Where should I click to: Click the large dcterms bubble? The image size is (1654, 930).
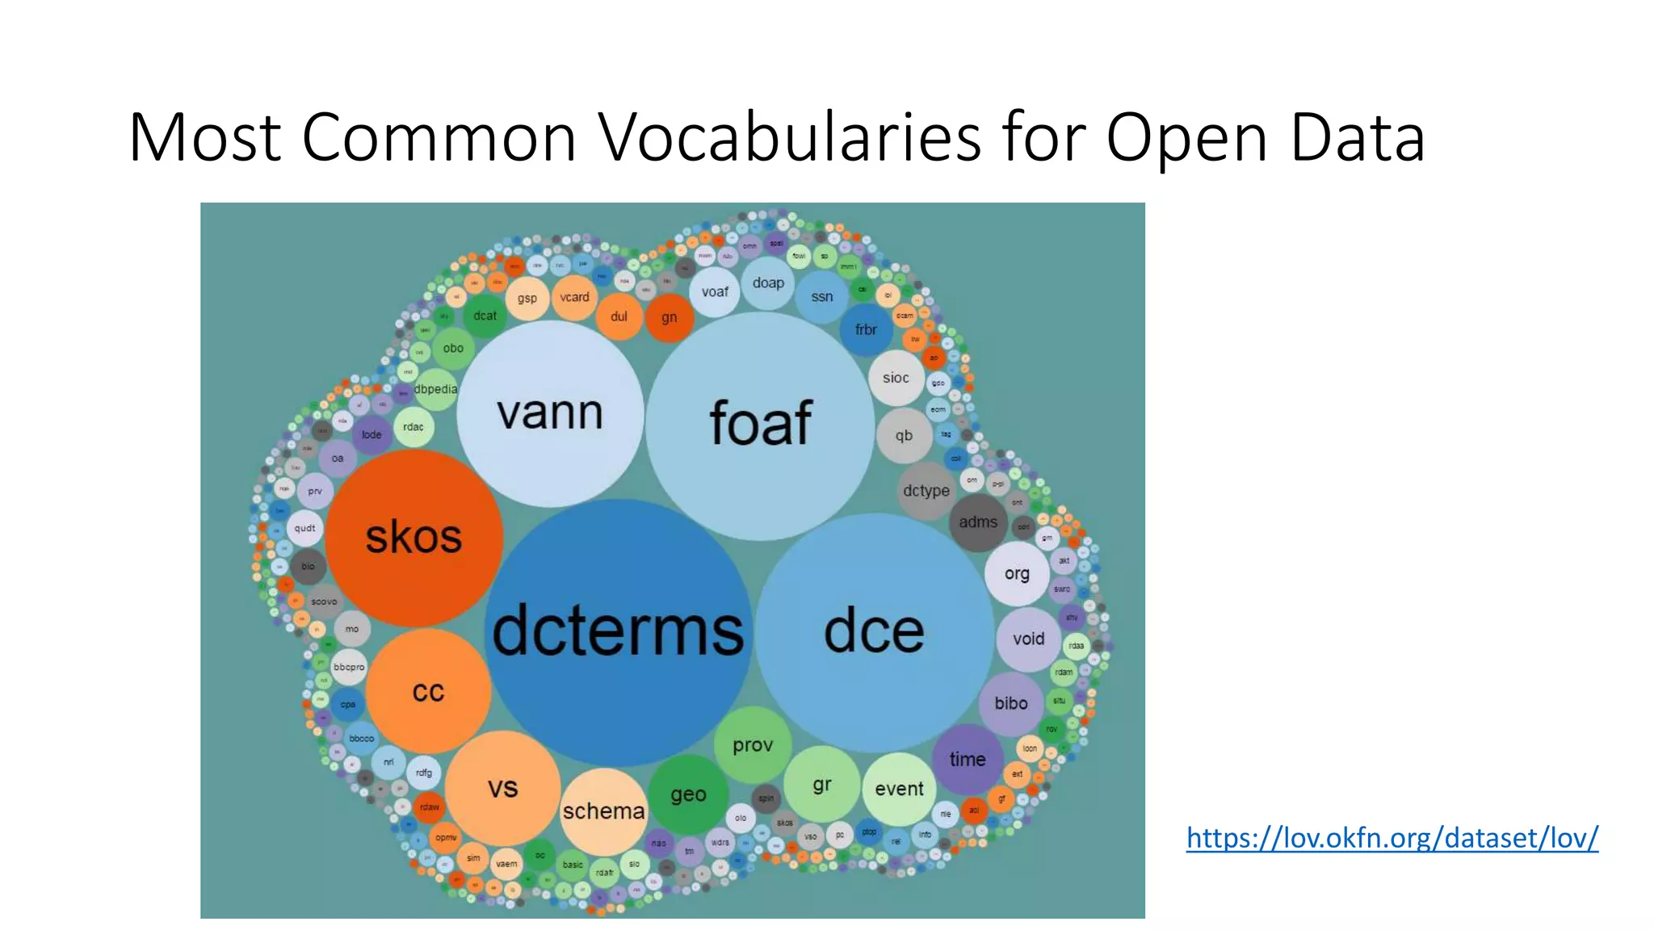[618, 632]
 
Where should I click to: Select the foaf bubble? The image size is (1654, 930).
[760, 425]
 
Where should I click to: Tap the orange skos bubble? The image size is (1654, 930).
[413, 538]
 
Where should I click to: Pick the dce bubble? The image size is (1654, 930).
[874, 632]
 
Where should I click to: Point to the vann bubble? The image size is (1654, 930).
[550, 413]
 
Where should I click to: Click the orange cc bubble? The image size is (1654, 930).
[428, 691]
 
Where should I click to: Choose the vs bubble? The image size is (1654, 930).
[502, 787]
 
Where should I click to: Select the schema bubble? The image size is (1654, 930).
[603, 811]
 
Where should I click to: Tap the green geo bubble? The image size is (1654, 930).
[688, 794]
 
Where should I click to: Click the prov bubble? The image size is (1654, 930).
[753, 745]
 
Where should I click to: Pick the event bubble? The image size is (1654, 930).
[899, 789]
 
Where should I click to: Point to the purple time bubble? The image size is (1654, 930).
[967, 759]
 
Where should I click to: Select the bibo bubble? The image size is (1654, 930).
[1011, 703]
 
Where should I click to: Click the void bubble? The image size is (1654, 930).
[1028, 639]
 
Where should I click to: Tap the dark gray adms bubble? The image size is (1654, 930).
[978, 522]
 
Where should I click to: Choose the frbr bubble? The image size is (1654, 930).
[866, 329]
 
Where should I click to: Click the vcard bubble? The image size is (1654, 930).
[574, 297]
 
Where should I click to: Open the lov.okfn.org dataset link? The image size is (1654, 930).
[1392, 838]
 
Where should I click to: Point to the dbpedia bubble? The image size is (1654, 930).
[435, 389]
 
